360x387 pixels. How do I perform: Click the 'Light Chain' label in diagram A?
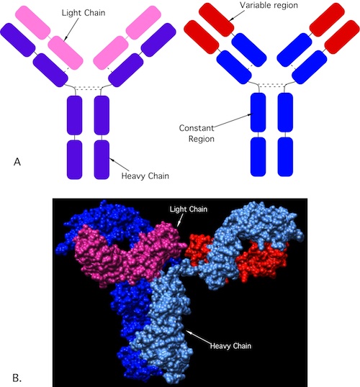84,12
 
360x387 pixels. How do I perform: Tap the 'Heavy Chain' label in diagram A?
145,176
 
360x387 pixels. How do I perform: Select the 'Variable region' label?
269,5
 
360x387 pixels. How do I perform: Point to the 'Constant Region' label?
197,133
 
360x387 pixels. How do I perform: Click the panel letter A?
17,162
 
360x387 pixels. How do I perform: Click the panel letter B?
17,378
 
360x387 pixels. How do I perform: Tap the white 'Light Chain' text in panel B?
189,209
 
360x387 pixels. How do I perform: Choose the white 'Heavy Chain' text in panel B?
230,346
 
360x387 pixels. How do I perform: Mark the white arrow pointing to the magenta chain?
181,220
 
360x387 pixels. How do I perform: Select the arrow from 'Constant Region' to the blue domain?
233,120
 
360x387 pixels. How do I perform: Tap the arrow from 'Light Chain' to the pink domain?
72,29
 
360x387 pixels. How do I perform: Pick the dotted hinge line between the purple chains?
88,88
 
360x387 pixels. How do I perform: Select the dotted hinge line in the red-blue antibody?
271,85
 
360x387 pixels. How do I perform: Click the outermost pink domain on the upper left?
33,22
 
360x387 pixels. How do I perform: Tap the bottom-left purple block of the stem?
74,160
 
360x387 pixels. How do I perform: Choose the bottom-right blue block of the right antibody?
285,157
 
